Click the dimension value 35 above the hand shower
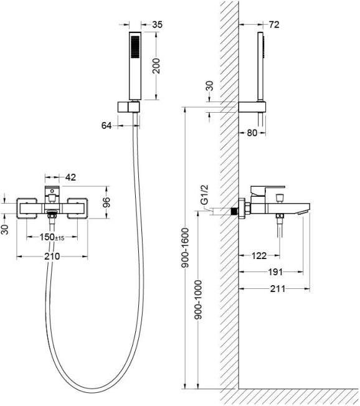[157, 25]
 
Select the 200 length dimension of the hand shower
[156, 66]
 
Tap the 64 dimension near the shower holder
[107, 126]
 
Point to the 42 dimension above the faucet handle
[70, 177]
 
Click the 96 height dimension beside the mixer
[106, 202]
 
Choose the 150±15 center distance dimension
[52, 237]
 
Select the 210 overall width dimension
[52, 257]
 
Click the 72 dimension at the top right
[274, 25]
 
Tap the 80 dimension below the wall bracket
[252, 133]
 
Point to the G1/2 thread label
[205, 195]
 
